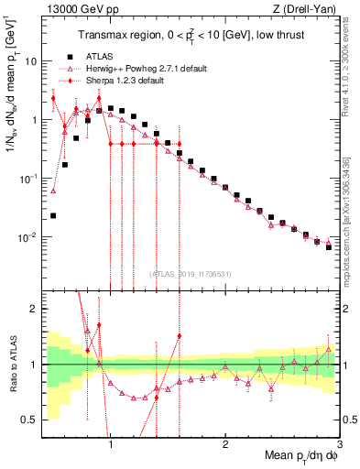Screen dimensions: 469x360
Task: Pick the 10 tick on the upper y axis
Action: click(29, 60)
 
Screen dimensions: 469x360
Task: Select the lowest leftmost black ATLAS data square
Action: click(53, 216)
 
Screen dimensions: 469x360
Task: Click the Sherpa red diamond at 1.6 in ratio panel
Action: click(180, 336)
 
